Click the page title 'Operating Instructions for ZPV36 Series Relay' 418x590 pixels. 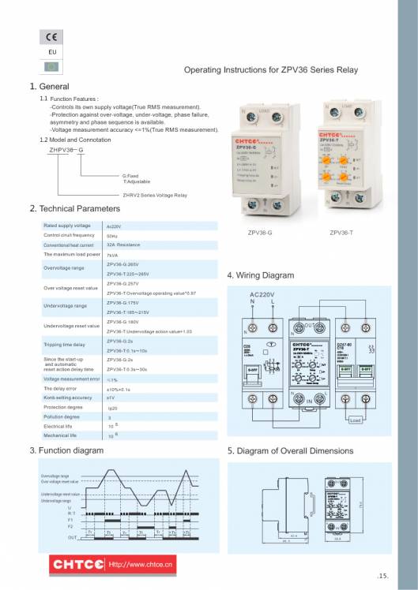271,70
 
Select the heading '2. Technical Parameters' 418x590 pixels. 75,209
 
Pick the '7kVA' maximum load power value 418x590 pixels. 112,256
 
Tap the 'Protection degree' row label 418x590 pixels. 62,407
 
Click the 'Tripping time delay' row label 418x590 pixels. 64,345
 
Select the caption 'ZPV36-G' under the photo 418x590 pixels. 259,233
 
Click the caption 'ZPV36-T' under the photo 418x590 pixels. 341,233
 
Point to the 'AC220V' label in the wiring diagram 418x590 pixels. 265,294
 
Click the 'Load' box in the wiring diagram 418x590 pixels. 356,420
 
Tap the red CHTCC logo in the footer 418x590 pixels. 78,564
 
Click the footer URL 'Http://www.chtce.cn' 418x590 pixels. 141,565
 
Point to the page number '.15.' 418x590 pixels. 383,576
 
